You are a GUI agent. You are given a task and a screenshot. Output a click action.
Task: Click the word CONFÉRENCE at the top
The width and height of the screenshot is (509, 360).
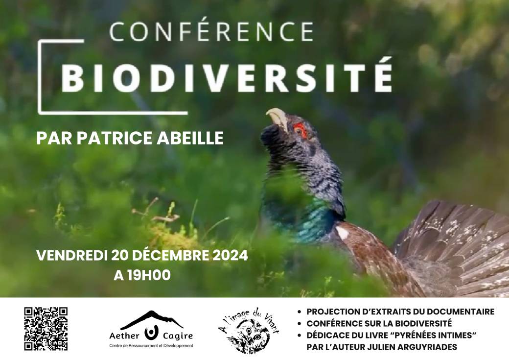click(211, 31)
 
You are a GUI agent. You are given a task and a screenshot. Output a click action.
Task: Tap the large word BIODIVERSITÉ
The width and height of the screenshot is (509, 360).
click(227, 76)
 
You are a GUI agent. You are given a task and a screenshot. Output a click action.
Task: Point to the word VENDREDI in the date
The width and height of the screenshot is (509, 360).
click(72, 255)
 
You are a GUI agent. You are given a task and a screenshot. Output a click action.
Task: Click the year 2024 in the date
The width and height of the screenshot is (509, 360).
click(230, 255)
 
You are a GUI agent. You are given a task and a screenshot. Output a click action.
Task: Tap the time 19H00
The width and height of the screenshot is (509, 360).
click(149, 275)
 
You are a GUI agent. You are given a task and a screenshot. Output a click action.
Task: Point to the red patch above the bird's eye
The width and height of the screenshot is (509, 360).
click(301, 129)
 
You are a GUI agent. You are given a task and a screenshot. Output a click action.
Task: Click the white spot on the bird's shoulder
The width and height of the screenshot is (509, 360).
click(342, 233)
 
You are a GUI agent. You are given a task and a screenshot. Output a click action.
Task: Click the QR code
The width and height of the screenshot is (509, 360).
click(46, 329)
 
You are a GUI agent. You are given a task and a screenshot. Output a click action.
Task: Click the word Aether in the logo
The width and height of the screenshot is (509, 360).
click(124, 336)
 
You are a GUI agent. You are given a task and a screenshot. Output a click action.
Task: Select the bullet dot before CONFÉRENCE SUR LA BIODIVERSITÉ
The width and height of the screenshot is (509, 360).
click(300, 324)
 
